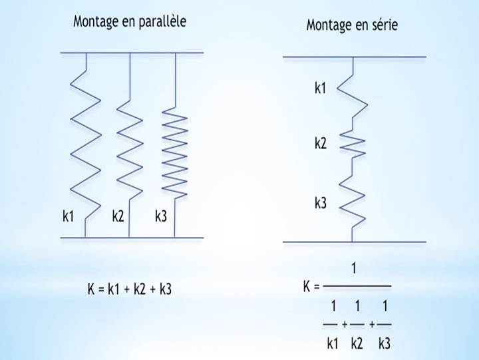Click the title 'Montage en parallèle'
pyautogui.click(x=130, y=21)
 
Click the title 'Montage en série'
pyautogui.click(x=352, y=25)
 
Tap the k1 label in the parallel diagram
pyautogui.click(x=68, y=216)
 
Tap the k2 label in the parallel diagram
pyautogui.click(x=118, y=216)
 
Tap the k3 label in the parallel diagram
pyautogui.click(x=160, y=216)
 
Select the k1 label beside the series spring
pyautogui.click(x=320, y=88)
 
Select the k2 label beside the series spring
pyautogui.click(x=320, y=142)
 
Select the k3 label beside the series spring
pyautogui.click(x=320, y=204)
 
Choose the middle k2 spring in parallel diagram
pyautogui.click(x=130, y=146)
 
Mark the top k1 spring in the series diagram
pyautogui.click(x=353, y=93)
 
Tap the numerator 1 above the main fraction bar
pyautogui.click(x=354, y=269)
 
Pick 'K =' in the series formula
pyautogui.click(x=311, y=287)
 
